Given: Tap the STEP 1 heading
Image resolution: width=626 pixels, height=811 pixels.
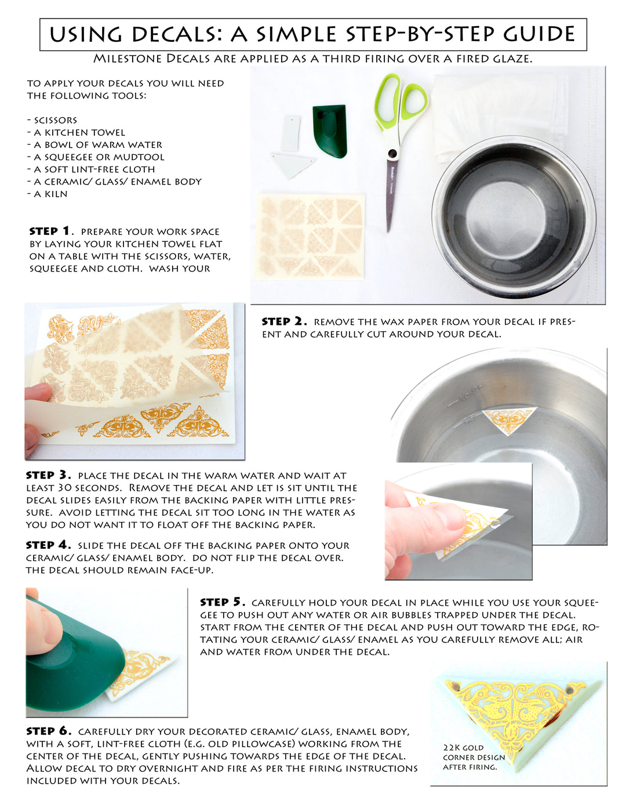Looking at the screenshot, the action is pyautogui.click(x=50, y=231).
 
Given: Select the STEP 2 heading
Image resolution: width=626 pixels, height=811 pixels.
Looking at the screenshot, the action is pyautogui.click(x=284, y=321).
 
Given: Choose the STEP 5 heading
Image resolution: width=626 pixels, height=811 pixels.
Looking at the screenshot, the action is pyautogui.click(x=223, y=602).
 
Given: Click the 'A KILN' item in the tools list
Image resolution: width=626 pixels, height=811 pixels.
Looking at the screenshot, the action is pyautogui.click(x=48, y=194).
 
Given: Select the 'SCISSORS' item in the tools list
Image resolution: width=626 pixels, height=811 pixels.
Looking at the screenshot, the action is pyautogui.click(x=52, y=120).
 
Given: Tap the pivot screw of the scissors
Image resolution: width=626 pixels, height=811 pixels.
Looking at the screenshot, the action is pyautogui.click(x=392, y=153).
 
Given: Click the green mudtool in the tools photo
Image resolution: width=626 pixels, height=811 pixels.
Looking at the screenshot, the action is pyautogui.click(x=330, y=131).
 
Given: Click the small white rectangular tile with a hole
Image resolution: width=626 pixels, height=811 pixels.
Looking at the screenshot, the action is pyautogui.click(x=291, y=132).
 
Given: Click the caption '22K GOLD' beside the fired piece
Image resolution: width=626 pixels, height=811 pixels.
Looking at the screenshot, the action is pyautogui.click(x=463, y=748).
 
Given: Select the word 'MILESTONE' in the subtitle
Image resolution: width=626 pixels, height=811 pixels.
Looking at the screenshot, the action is pyautogui.click(x=128, y=59).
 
